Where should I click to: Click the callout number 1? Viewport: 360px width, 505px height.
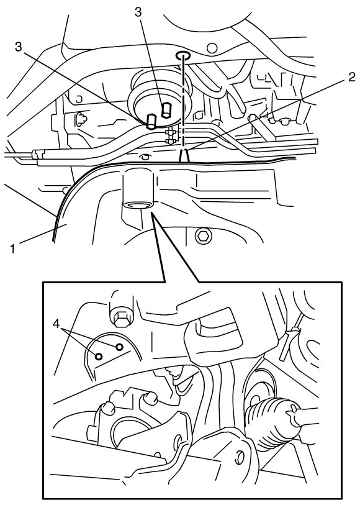(12, 248)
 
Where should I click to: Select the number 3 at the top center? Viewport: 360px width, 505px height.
(138, 12)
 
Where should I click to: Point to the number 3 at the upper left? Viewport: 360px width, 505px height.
(19, 47)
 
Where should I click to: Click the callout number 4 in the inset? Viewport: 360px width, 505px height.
(56, 324)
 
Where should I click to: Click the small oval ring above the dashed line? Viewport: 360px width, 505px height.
(182, 56)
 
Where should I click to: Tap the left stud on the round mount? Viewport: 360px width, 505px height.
(151, 121)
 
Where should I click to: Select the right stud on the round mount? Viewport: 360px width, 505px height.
(166, 110)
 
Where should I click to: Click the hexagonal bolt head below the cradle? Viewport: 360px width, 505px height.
(203, 237)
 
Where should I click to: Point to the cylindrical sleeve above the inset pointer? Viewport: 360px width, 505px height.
(138, 188)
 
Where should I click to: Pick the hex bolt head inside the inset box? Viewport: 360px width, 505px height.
(120, 317)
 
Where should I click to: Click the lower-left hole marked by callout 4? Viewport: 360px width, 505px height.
(99, 356)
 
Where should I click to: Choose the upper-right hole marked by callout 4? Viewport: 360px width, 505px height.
(119, 347)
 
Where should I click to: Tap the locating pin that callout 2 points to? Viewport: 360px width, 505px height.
(184, 157)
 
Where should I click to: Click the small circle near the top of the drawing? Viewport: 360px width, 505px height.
(212, 48)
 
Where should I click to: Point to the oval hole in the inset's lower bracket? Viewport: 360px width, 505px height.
(239, 455)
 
